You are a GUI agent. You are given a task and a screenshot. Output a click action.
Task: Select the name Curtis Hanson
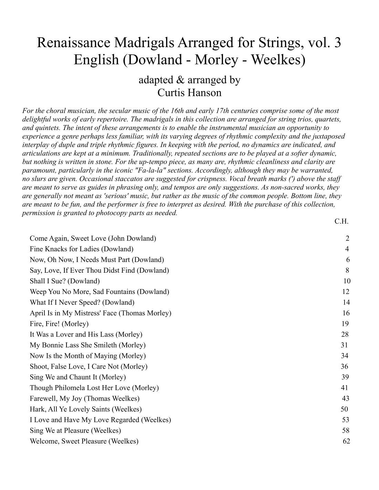pos(189,92)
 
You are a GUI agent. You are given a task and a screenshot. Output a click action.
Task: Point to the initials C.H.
pos(341,221)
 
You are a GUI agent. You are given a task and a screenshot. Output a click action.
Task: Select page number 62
pos(346,441)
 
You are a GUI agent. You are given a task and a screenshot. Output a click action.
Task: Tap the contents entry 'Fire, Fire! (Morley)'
pos(59,324)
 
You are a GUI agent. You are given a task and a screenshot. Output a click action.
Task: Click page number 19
pos(345,324)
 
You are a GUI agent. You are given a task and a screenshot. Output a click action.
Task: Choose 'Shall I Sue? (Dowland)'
pos(65,281)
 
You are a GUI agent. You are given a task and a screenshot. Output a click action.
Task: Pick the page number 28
pos(345,334)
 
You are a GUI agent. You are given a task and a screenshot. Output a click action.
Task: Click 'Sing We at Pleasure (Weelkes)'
pos(75,431)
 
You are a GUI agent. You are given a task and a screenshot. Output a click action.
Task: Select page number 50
pos(344,409)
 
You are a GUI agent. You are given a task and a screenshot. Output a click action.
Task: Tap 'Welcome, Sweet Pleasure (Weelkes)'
pos(84,441)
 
